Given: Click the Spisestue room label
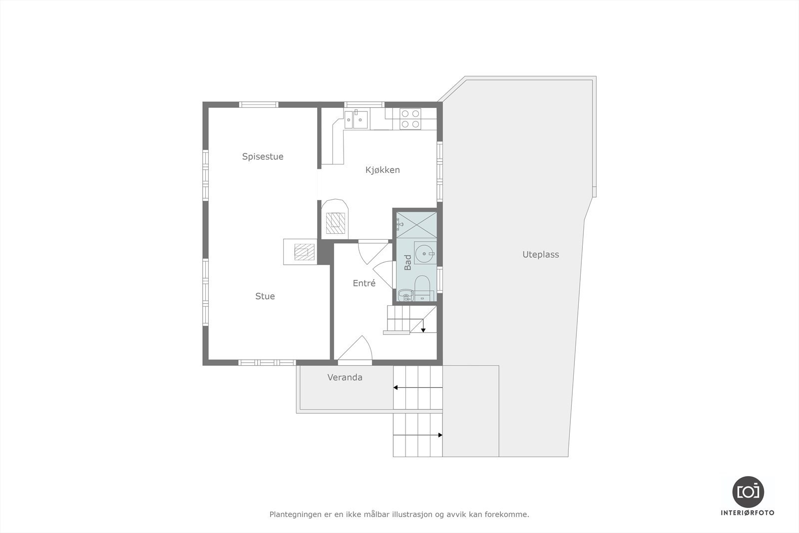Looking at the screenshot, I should (x=263, y=156).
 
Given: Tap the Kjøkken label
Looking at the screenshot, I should (x=383, y=170).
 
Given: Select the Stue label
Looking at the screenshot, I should (x=265, y=296).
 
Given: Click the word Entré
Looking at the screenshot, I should (x=364, y=283).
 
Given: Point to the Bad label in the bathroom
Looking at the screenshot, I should (x=408, y=263).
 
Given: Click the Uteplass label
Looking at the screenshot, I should (x=540, y=254).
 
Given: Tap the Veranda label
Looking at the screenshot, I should (x=345, y=377).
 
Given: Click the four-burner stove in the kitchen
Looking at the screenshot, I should (x=410, y=119).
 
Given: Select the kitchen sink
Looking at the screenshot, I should (x=357, y=119).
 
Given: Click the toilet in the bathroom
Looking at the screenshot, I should (x=422, y=286).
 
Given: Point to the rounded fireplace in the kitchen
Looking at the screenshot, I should (x=335, y=219).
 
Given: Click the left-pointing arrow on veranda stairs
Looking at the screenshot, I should (x=396, y=387).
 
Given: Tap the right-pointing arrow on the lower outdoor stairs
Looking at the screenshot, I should (x=440, y=435).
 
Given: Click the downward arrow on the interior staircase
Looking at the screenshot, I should (x=423, y=329).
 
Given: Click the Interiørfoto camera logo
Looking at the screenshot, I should (x=748, y=492).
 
